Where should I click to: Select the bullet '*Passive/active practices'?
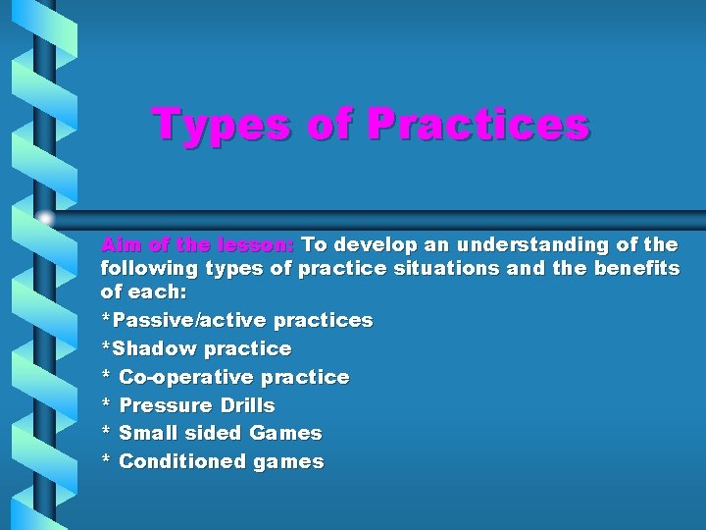(236, 320)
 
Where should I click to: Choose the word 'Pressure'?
(165, 405)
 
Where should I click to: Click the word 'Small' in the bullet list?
(149, 433)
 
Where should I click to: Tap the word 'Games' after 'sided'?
(285, 433)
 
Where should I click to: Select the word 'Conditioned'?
(181, 461)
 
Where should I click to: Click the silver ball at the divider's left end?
(45, 218)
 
